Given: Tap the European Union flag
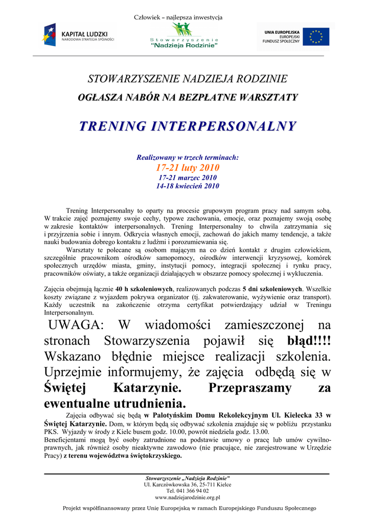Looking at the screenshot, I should [x=316, y=37].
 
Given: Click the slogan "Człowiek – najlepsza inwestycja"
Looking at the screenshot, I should [x=178, y=17].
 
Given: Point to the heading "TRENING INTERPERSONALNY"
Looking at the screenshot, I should [x=188, y=126].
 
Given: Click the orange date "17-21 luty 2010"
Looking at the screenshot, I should [x=188, y=168].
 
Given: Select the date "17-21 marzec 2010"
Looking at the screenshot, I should [x=188, y=177].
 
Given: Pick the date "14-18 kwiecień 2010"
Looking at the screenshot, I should [x=188, y=186].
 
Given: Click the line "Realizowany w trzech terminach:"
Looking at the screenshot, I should [x=188, y=158].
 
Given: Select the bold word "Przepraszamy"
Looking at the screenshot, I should [x=250, y=388].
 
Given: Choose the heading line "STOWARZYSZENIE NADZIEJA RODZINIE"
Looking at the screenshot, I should [x=188, y=79].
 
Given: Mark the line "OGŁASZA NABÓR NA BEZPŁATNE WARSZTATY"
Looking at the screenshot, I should [x=188, y=97].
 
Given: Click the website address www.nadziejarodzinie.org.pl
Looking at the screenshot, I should [x=187, y=497].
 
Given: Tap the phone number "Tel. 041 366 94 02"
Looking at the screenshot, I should [x=187, y=490].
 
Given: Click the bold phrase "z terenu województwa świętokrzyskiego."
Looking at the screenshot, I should [x=123, y=456].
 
